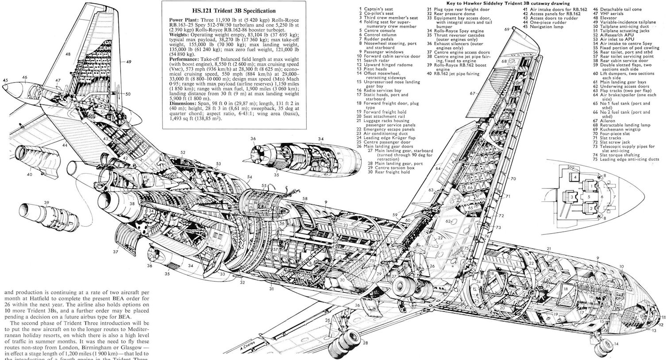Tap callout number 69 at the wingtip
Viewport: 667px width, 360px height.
click(506, 29)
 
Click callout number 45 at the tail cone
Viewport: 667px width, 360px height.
click(5, 80)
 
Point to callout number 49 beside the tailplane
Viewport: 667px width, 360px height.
click(128, 62)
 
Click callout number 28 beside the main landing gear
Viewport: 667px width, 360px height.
click(365, 343)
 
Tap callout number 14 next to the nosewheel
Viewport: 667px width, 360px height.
click(616, 344)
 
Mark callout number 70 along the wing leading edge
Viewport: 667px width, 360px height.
click(513, 179)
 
